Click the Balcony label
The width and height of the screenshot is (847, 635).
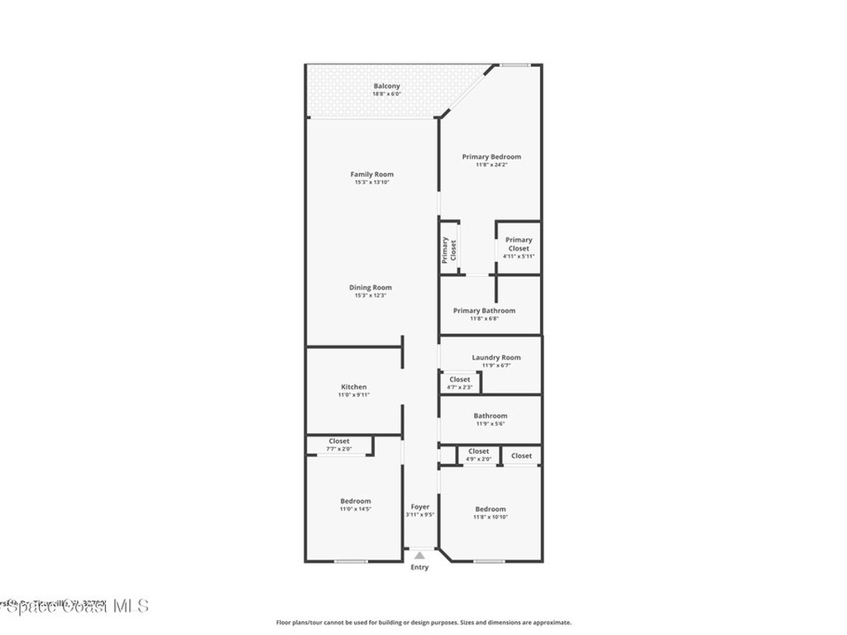point(386,86)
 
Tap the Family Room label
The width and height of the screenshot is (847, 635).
point(371,174)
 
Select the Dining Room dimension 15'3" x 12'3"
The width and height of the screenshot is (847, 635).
point(371,295)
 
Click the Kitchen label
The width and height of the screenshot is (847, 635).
point(353,387)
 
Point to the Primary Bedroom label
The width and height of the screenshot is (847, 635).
point(491,157)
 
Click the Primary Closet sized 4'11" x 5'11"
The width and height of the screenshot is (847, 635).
point(519,248)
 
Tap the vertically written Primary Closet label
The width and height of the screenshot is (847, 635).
point(448,249)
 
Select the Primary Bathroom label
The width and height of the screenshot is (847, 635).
point(484,311)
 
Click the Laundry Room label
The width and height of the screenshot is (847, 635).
point(496,358)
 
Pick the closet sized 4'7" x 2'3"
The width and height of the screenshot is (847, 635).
point(459,383)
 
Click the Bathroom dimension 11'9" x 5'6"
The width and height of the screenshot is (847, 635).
point(490,423)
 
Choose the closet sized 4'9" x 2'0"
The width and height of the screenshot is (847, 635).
point(478,455)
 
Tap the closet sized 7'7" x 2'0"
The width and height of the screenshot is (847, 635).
point(339,445)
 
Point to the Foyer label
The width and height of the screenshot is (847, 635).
point(420,507)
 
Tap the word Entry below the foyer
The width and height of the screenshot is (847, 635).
point(420,567)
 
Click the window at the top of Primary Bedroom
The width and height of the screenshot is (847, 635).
point(514,64)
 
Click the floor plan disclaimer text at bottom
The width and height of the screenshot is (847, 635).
point(423,623)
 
